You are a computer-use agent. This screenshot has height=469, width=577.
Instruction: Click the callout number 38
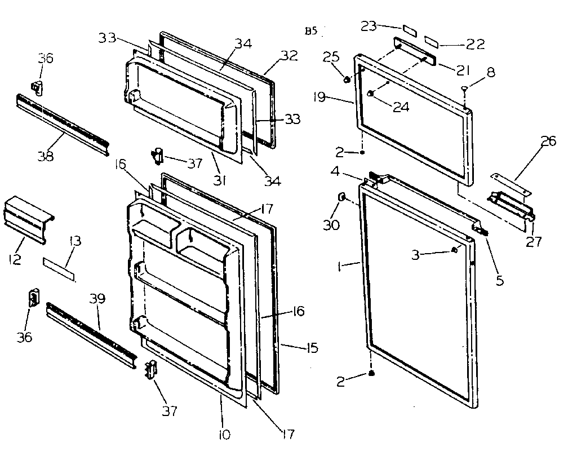(x=45, y=156)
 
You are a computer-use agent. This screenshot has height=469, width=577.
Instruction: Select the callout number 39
(x=97, y=299)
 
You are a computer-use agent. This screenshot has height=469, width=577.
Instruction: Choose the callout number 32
(x=288, y=55)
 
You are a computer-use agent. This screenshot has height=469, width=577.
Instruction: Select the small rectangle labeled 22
(x=432, y=41)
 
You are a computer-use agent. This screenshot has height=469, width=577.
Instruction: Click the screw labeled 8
(x=463, y=89)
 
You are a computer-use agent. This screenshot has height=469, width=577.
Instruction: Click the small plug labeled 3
(x=454, y=250)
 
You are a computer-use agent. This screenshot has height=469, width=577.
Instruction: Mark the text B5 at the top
(x=310, y=31)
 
